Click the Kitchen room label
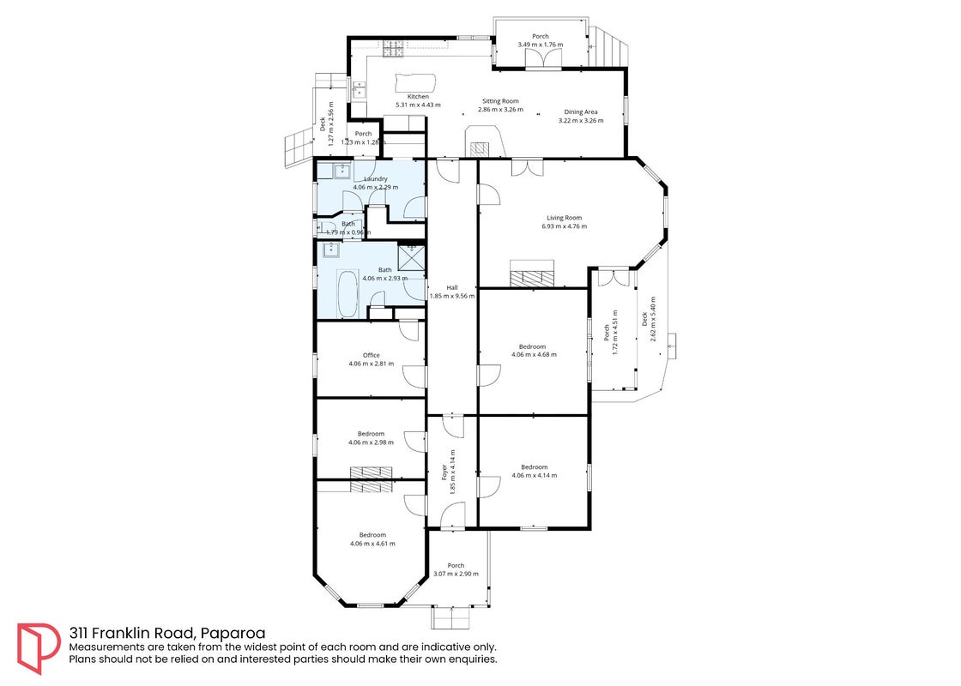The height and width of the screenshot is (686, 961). [x=419, y=97]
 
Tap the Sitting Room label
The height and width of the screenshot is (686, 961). [x=500, y=101]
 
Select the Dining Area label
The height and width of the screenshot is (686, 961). [x=581, y=112]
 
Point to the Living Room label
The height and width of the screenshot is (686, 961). [x=565, y=218]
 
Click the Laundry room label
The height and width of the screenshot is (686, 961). [x=376, y=179]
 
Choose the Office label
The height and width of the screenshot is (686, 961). [x=372, y=355]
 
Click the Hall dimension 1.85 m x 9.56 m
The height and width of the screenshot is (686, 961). [x=452, y=296]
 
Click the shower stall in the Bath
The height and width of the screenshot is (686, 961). [x=411, y=257]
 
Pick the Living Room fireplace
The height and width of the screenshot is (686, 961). [x=532, y=274]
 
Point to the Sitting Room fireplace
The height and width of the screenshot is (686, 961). [x=480, y=148]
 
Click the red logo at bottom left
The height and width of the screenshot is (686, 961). [x=39, y=648]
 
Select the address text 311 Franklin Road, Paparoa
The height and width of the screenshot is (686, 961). [x=167, y=633]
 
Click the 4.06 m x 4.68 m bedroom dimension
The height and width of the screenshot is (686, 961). [x=534, y=354]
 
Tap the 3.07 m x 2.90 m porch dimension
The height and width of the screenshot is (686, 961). [x=456, y=574]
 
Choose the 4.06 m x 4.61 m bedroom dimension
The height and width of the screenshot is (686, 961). [x=372, y=544]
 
